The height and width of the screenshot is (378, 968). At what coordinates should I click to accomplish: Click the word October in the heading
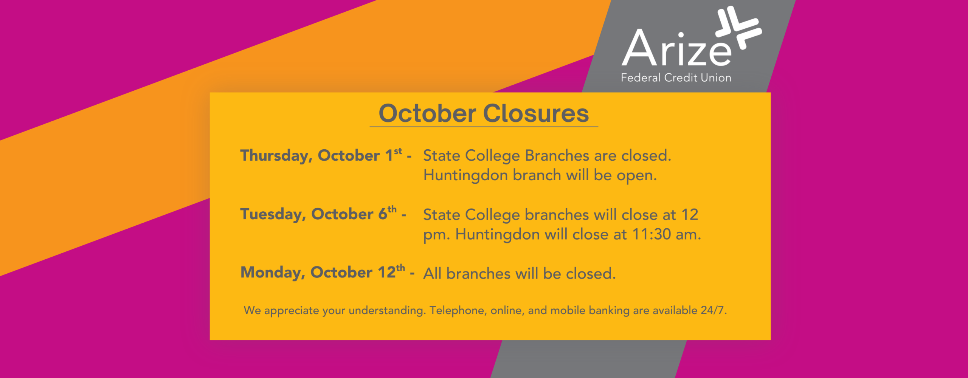tap(427, 113)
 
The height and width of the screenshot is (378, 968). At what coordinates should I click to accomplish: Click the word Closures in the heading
tap(536, 113)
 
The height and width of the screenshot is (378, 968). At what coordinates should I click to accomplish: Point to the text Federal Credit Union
tap(676, 77)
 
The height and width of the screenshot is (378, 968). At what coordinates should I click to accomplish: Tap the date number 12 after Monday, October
tap(386, 273)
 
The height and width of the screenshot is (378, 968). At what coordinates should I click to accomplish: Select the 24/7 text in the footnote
tap(712, 310)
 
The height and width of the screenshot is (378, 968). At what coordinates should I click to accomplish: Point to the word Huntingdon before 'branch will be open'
tap(466, 176)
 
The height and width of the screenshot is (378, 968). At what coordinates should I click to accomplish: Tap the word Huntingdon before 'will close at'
tap(498, 235)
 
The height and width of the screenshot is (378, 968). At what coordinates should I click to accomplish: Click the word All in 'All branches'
tap(432, 274)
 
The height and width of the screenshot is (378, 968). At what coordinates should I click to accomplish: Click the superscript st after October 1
tap(398, 152)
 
